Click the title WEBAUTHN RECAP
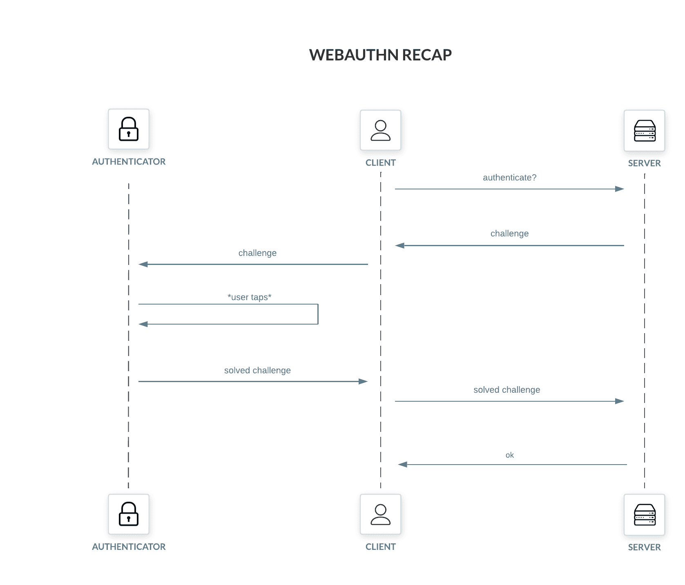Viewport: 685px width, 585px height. click(x=380, y=55)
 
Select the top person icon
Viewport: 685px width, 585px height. click(x=380, y=130)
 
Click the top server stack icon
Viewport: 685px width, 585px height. click(x=644, y=131)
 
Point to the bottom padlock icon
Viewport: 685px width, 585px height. click(x=128, y=514)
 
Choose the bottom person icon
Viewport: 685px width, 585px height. click(x=380, y=514)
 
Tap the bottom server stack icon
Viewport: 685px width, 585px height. click(x=644, y=515)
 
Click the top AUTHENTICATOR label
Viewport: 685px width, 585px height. click(x=129, y=162)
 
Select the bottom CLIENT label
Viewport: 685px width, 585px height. click(x=380, y=547)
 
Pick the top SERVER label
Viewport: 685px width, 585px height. click(x=644, y=163)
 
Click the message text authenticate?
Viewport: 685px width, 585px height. click(x=509, y=178)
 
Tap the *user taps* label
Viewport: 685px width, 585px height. click(x=249, y=297)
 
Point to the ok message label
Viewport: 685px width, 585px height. click(x=509, y=455)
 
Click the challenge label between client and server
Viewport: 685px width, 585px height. click(x=509, y=234)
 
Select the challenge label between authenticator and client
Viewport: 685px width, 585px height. click(x=257, y=253)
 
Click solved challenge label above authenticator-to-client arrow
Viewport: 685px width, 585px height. click(x=257, y=370)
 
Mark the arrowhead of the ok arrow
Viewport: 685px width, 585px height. click(x=403, y=465)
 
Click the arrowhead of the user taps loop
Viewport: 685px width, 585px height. click(x=143, y=324)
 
